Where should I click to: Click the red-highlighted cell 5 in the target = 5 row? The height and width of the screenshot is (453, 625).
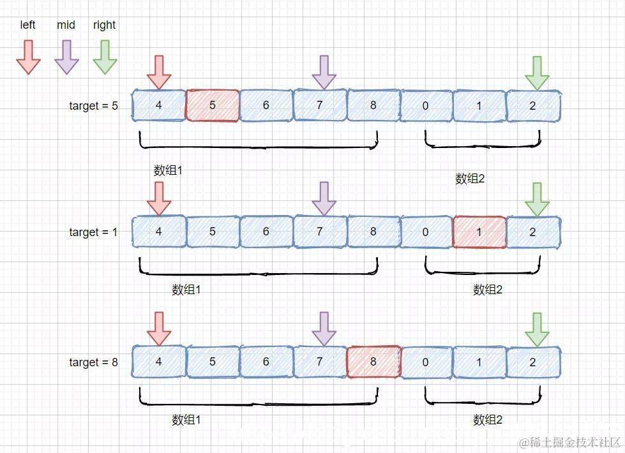coord(213,106)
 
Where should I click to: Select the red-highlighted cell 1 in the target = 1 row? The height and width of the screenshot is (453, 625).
coord(479,232)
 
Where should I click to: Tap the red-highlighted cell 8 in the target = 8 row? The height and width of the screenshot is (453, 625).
coord(373,362)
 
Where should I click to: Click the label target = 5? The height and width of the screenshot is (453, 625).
coord(93,106)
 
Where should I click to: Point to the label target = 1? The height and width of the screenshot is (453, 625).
coord(93,232)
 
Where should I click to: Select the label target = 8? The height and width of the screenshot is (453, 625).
coord(93,362)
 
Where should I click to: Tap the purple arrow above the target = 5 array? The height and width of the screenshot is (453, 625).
coord(324,72)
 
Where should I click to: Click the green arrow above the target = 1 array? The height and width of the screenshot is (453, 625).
coord(537,199)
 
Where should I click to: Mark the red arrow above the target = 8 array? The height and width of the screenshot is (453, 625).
coord(159,329)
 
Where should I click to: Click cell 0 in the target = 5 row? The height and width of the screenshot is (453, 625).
coord(426,106)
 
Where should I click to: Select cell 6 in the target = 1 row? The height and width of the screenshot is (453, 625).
coord(266,232)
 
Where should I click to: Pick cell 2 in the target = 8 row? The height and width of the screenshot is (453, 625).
coord(533,362)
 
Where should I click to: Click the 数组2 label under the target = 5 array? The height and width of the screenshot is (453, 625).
coord(470,179)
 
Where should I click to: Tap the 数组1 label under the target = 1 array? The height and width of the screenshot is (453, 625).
coord(186,290)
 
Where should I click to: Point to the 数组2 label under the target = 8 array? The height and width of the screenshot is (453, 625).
coord(488,420)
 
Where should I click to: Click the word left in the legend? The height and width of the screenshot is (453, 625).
coord(28,25)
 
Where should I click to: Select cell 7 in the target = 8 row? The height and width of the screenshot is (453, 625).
coord(320,362)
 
